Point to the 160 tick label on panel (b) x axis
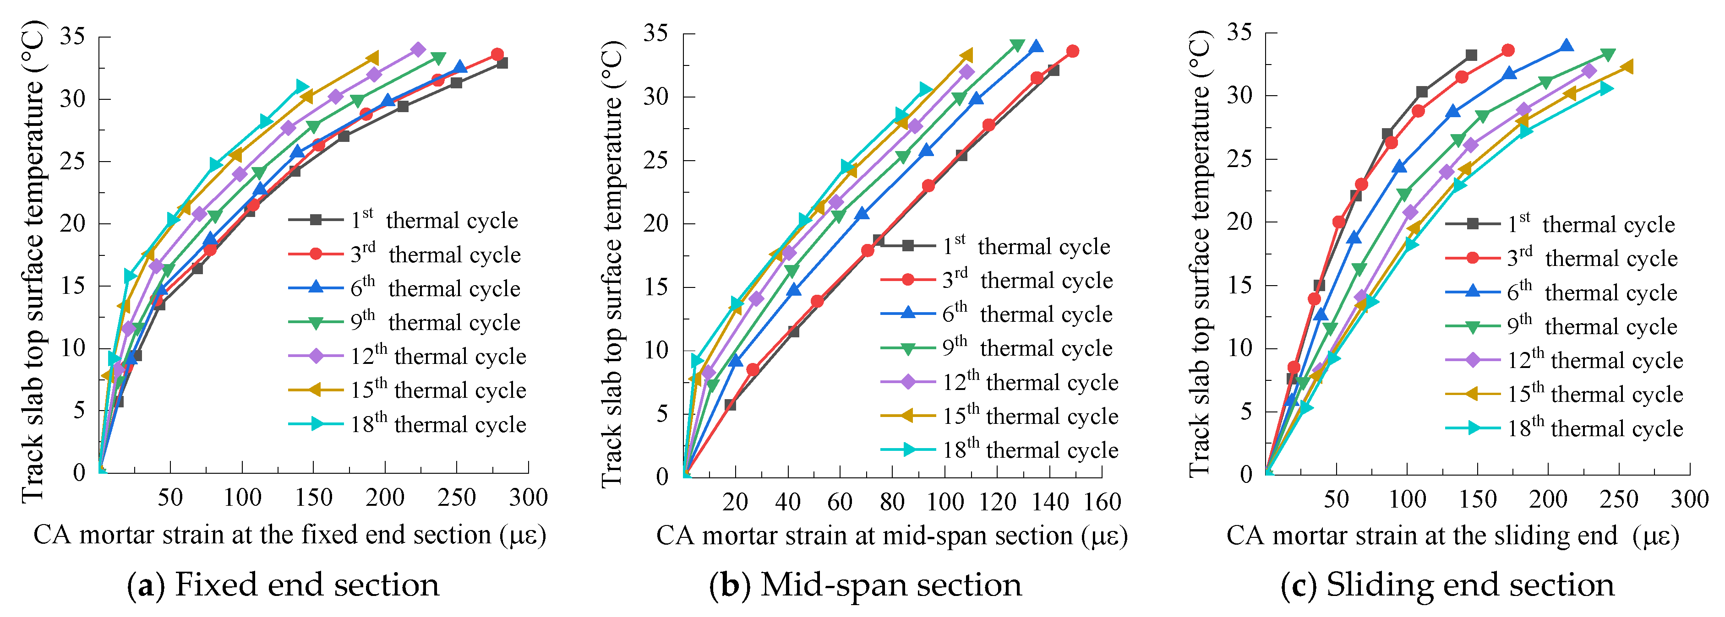click(x=1102, y=502)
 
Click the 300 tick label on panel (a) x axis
click(x=528, y=497)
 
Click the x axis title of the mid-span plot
click(x=892, y=536)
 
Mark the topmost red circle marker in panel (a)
click(x=497, y=54)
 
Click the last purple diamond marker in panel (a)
click(x=419, y=49)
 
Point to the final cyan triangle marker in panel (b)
click(x=925, y=89)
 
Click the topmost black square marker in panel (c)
click(x=1471, y=55)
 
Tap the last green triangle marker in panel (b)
click(x=1017, y=45)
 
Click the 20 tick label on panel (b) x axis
click(x=735, y=502)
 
